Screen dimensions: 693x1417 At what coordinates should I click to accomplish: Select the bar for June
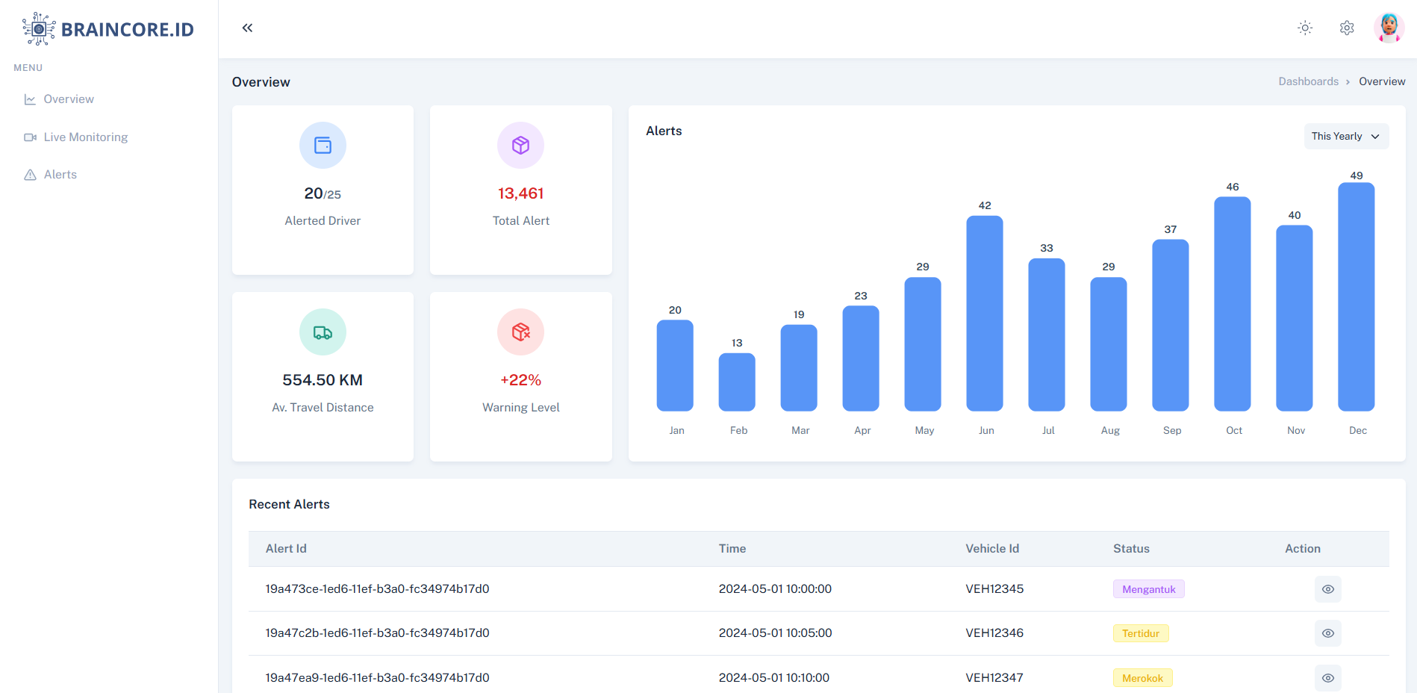pos(984,314)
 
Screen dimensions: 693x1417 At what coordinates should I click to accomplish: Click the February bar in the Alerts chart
pos(737,382)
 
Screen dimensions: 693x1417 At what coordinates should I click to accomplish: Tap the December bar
pos(1356,297)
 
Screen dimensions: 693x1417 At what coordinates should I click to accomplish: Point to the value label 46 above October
pos(1233,187)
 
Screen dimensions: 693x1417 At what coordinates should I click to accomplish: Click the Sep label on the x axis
pos(1172,430)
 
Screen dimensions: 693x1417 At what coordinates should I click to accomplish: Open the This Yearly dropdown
pos(1346,136)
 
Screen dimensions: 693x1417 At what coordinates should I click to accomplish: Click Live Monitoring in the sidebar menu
pos(85,137)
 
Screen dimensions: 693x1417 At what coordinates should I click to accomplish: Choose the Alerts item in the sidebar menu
pos(60,175)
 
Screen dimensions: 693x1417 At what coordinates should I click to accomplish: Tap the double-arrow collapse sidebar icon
pos(247,28)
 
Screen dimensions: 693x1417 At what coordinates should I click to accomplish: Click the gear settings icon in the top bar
pos(1347,28)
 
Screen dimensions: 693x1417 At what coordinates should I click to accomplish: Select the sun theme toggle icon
pos(1305,28)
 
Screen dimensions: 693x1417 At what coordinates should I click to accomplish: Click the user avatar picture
pos(1389,28)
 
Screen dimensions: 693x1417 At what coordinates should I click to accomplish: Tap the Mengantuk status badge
pos(1148,589)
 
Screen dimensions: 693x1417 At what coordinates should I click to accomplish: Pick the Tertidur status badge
pos(1140,633)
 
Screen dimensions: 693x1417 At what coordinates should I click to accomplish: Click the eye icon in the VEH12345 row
pos(1327,589)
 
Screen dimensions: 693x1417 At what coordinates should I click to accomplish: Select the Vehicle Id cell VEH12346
pos(994,633)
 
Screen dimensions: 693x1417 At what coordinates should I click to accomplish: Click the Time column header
pos(732,549)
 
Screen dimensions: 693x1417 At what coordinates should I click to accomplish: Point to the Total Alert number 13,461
pos(520,193)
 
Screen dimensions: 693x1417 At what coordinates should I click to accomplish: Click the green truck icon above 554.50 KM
pos(323,332)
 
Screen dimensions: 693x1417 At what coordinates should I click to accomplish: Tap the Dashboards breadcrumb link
pos(1308,81)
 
